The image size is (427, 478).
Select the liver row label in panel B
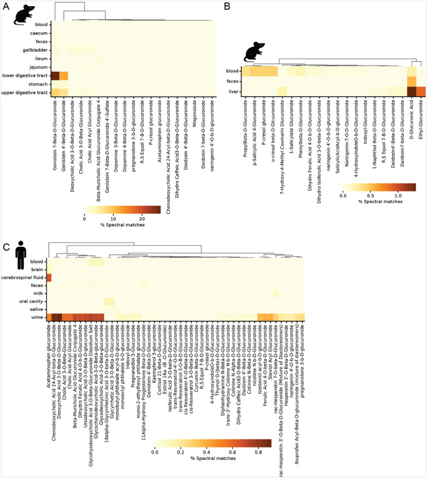tap(232, 92)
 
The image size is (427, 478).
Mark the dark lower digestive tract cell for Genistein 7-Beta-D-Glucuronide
tap(54, 75)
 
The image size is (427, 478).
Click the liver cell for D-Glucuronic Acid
tap(411, 92)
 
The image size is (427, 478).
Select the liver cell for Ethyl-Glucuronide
tap(421, 92)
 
